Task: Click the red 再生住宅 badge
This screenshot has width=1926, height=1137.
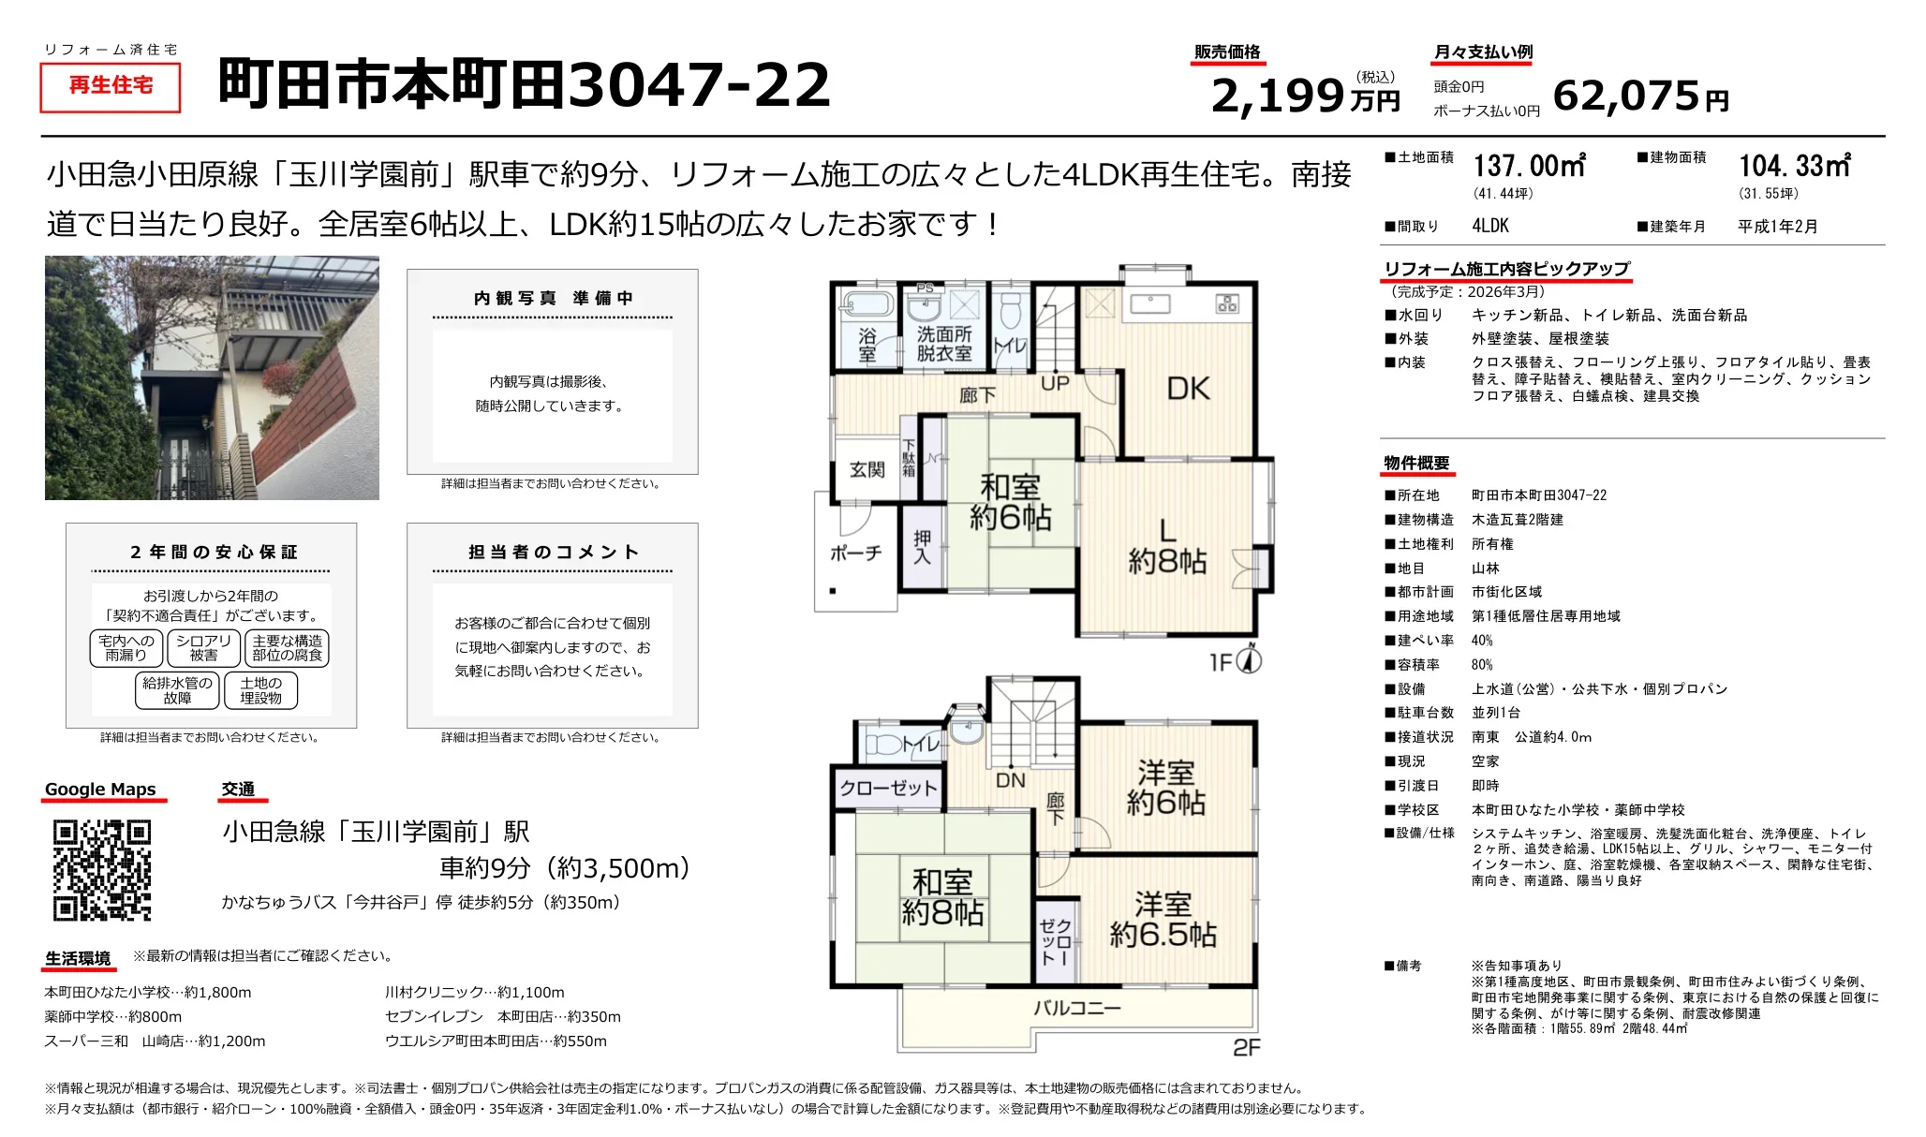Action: [x=111, y=86]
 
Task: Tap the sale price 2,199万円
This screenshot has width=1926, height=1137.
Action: [x=1304, y=96]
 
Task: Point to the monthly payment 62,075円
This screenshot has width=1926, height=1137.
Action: [x=1639, y=96]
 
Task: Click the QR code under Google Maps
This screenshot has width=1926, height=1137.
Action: [x=102, y=870]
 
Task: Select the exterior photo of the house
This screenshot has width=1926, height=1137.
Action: [x=212, y=377]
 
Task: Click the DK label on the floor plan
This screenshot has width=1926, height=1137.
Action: [x=1188, y=389]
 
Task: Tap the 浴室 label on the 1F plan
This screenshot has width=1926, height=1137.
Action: [x=867, y=344]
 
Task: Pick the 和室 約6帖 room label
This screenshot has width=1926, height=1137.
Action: [x=1010, y=502]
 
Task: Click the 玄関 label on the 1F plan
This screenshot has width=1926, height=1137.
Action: [x=867, y=469]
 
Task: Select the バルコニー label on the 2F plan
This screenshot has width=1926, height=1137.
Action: [x=1076, y=1009]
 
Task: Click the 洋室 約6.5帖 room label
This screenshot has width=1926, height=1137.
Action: [x=1163, y=920]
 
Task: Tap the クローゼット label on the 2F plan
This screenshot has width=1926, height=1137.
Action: [x=888, y=789]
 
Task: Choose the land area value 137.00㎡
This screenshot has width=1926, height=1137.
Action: [x=1529, y=167]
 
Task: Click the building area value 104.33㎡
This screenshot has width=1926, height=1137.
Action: [x=1794, y=167]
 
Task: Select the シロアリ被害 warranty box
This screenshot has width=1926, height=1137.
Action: [x=203, y=648]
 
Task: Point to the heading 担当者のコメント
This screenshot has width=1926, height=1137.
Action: [x=553, y=553]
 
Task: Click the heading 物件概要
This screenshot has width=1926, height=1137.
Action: [x=1416, y=464]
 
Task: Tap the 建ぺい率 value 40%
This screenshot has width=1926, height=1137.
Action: [x=1482, y=641]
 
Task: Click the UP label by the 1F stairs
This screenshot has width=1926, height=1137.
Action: [x=1055, y=383]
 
